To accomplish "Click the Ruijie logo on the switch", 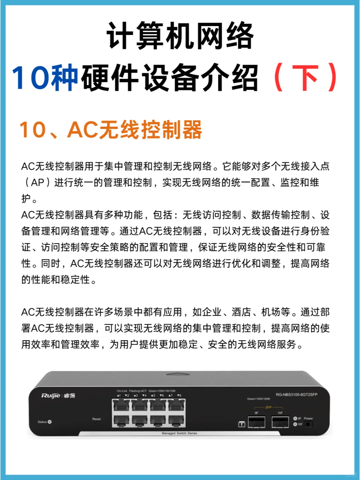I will click(51, 396).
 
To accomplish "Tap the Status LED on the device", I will click(50, 422).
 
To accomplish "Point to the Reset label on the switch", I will click(96, 419).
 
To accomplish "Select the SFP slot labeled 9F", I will click(256, 422).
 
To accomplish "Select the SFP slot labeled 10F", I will click(280, 422).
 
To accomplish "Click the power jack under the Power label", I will click(309, 424).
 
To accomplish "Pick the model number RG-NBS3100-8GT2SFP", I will click(296, 395).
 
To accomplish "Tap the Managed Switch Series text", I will click(179, 433).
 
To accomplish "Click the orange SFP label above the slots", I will click(268, 407).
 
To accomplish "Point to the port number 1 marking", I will click(119, 395).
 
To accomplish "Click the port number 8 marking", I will click(179, 395).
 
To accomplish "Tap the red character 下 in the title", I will click(305, 78).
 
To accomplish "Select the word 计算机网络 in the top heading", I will click(180, 36).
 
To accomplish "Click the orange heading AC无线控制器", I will click(135, 130).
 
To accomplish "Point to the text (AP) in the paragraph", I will click(37, 183).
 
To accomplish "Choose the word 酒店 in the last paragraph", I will click(241, 312).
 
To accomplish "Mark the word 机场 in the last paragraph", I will click(271, 312).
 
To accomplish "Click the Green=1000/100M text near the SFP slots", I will click(258, 399).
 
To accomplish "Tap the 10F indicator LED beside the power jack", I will click(295, 424).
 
